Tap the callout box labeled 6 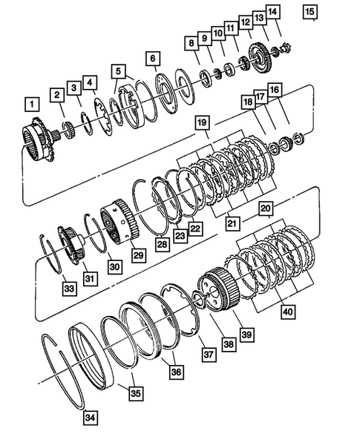point(152,59)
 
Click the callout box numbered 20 point(265,210)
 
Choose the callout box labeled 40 point(287,312)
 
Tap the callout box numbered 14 point(274,11)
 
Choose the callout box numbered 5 point(118,71)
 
